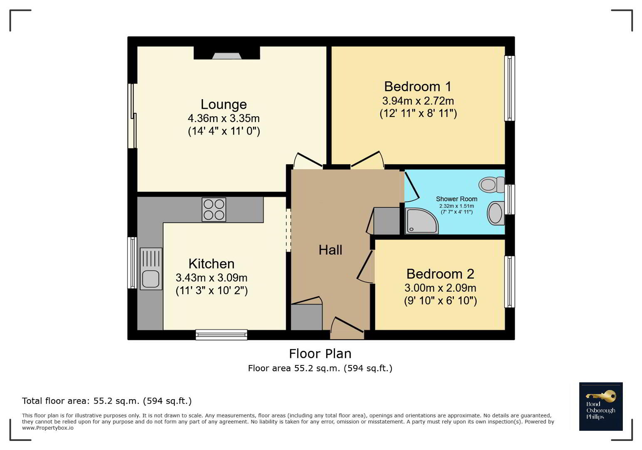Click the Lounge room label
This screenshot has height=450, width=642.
coord(223,105)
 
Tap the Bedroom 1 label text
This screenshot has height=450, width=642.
coord(418,87)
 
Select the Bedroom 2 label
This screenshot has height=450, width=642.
coord(440,274)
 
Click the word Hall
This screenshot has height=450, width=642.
coord(330,250)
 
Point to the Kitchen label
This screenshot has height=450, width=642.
coord(211,264)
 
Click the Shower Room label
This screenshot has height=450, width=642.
coord(456,199)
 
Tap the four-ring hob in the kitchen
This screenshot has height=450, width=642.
coord(214,210)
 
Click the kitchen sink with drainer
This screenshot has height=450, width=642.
coord(151,269)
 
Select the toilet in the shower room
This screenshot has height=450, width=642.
coord(491,185)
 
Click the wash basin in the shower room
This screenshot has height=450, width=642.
coord(496,213)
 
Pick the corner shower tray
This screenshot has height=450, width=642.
coord(421,221)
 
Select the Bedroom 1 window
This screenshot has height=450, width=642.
coord(509,88)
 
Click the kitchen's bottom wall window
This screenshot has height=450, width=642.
coord(221,335)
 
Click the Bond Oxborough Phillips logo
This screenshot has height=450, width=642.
coord(601,406)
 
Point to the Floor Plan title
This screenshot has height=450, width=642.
coord(320,354)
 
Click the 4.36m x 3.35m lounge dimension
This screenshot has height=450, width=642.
coord(223,118)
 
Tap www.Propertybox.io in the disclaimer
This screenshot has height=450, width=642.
coord(48,428)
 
